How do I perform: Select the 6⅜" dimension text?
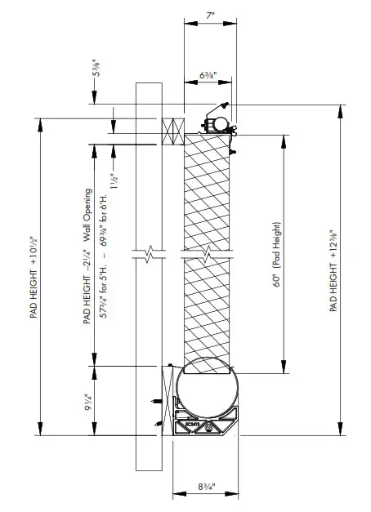208,76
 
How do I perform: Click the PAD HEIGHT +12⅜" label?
334,269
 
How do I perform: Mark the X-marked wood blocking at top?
172,129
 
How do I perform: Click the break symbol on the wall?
149,255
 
